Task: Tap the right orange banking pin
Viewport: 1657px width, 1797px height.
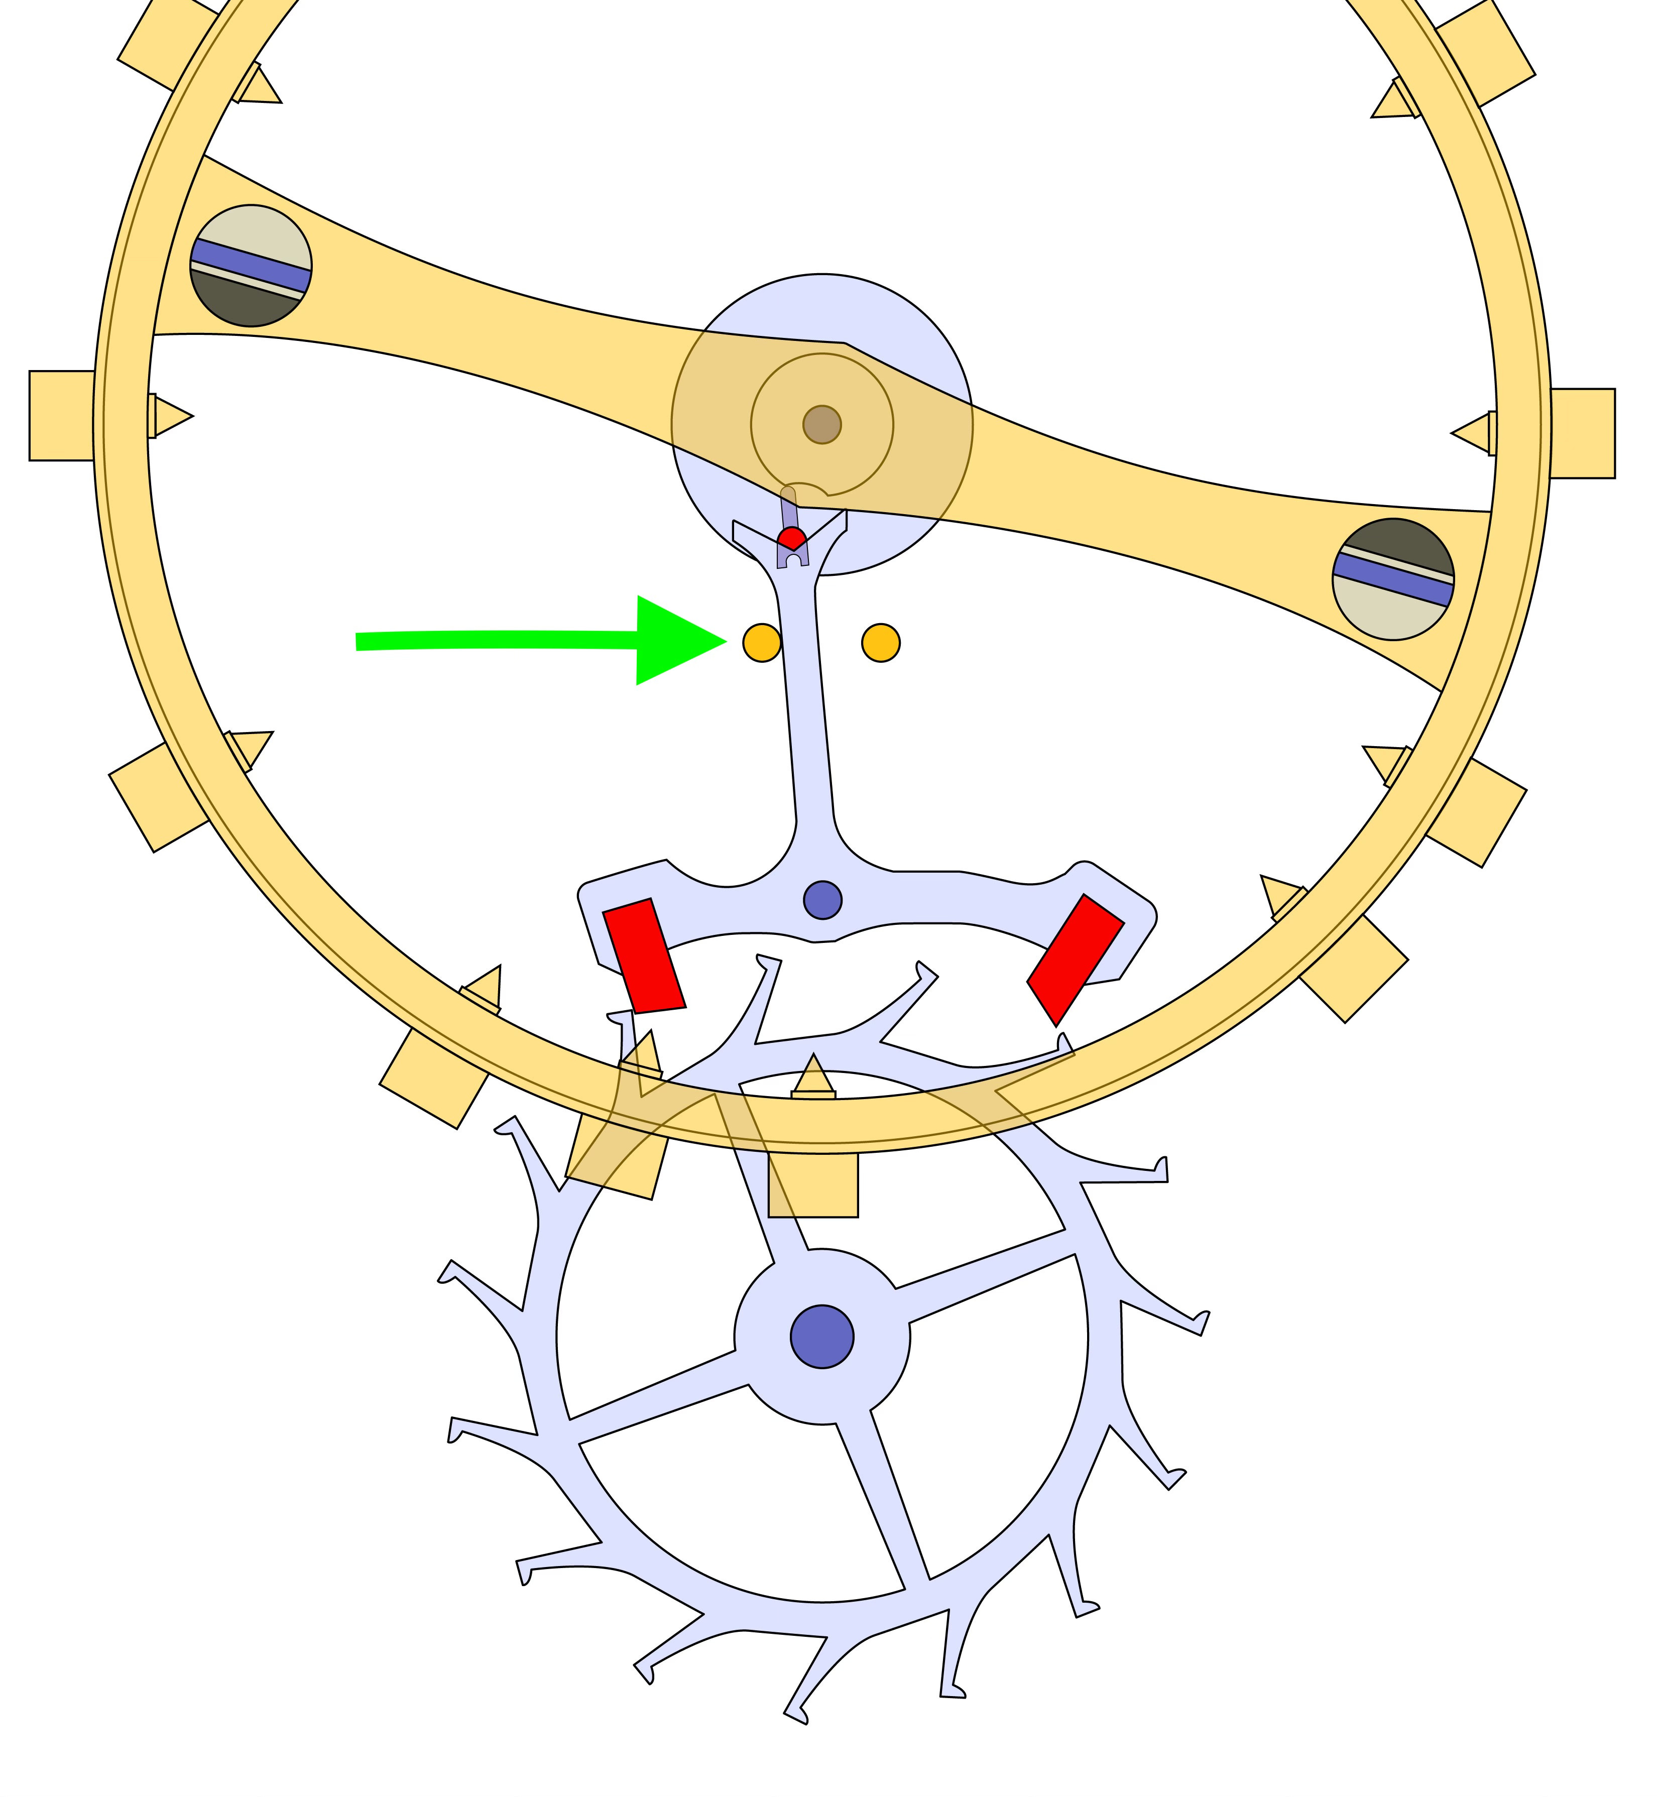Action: coord(881,643)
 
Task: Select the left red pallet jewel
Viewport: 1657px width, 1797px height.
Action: coord(644,956)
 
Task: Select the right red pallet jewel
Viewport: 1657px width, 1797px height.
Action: coord(1075,960)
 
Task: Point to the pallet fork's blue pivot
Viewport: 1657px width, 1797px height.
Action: coord(822,899)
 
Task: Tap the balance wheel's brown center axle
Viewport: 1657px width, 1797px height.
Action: coord(822,424)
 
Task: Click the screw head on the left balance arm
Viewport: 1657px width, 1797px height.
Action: coord(251,266)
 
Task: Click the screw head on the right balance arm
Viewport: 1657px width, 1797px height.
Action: coord(1393,579)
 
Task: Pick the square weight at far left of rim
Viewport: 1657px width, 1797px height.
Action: coord(61,415)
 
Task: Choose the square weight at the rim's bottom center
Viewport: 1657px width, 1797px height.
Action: coord(813,1183)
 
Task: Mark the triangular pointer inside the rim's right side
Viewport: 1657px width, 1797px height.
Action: coord(1472,433)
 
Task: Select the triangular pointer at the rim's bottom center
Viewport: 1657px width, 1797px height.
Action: coord(813,1076)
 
